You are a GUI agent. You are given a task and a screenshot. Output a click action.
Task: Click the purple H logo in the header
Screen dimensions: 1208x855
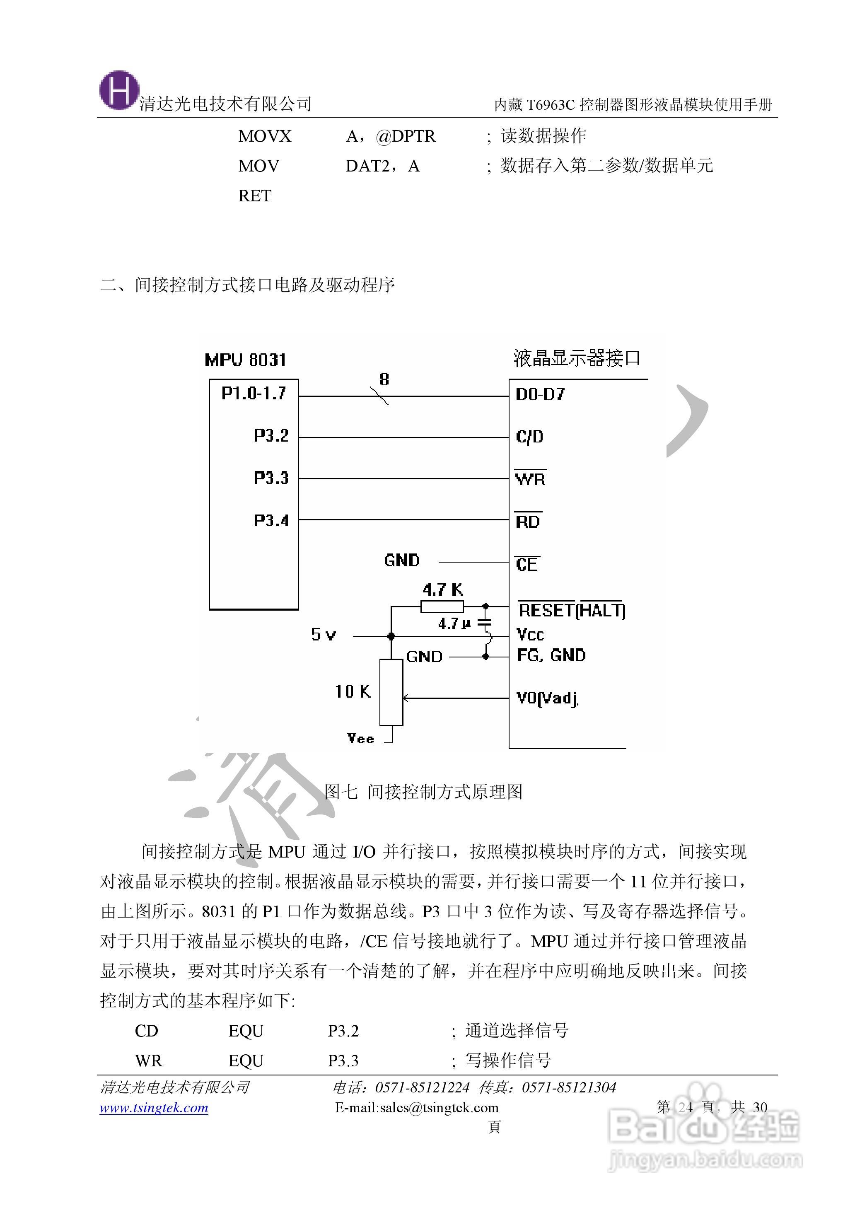click(120, 91)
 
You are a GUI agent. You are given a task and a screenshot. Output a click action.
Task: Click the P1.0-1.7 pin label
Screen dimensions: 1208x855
click(254, 393)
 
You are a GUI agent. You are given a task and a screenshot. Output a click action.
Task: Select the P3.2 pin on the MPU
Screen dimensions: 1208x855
click(271, 436)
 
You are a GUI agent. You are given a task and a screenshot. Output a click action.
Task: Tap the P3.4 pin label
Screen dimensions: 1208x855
click(271, 521)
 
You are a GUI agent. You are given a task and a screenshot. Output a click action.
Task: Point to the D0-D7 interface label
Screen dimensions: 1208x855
click(540, 395)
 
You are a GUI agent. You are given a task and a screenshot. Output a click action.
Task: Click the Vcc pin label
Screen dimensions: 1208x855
click(530, 634)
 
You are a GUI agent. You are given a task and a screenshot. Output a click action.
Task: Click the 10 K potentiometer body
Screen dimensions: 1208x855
click(391, 692)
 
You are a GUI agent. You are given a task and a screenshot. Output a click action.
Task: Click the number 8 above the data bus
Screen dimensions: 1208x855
click(384, 379)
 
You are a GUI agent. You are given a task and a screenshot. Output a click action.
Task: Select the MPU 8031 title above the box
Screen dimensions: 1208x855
click(245, 360)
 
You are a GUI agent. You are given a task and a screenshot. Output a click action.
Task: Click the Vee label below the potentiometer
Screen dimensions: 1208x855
click(361, 739)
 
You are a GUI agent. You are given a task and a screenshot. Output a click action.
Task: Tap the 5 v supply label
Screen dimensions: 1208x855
click(323, 635)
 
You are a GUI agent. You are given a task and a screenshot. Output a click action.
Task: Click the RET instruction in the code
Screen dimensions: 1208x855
click(255, 196)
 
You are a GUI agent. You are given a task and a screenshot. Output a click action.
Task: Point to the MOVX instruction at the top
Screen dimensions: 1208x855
click(264, 136)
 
